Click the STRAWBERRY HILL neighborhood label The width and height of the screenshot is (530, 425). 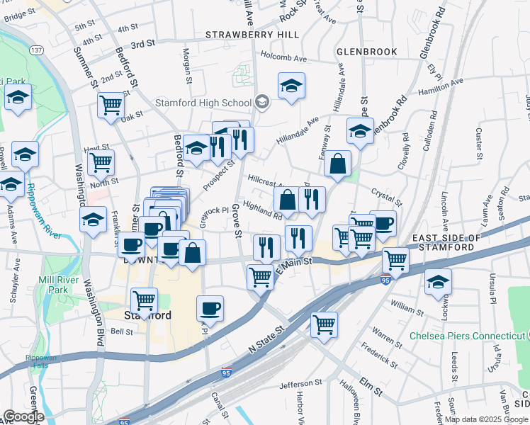point(243,34)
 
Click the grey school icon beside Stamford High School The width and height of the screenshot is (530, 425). point(262,102)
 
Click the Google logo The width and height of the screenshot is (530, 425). point(23,416)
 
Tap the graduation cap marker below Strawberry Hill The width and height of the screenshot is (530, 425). point(291,86)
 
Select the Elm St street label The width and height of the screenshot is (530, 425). point(371,389)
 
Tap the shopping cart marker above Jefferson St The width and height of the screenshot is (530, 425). point(324,324)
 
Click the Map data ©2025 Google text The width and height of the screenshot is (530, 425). point(486,419)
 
